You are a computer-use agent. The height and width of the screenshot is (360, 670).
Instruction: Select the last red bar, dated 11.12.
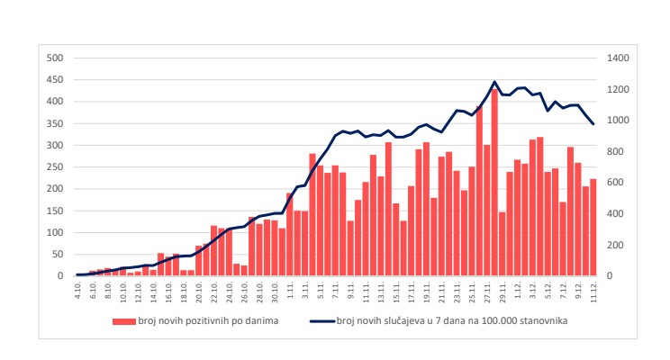click(x=593, y=228)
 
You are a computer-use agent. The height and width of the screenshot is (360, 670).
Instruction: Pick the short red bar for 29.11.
click(x=502, y=244)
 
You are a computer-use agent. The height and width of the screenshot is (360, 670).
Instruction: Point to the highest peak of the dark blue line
click(x=494, y=82)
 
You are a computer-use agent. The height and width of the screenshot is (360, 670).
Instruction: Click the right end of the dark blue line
click(x=593, y=124)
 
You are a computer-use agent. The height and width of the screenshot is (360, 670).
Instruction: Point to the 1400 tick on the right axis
click(x=619, y=58)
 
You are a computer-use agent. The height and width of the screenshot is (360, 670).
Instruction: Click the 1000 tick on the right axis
click(x=619, y=120)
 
